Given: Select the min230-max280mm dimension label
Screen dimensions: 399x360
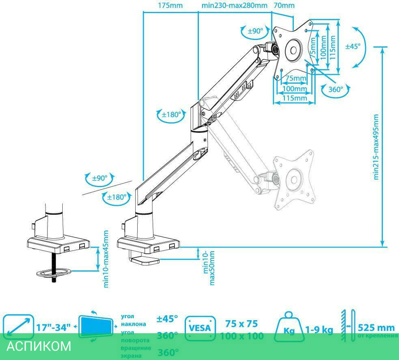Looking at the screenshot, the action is click(x=234, y=6).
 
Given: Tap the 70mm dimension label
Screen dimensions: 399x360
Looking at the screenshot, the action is click(x=284, y=6).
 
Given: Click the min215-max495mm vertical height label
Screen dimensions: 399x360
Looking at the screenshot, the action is click(x=376, y=147).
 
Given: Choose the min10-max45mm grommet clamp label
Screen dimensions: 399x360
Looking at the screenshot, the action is click(x=106, y=259).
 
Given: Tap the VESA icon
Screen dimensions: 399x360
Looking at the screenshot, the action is click(x=200, y=329).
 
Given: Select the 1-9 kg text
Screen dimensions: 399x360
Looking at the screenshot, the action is click(x=319, y=330).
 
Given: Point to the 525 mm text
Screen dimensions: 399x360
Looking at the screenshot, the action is click(x=376, y=328).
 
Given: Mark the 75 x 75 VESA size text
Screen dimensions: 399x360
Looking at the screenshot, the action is click(x=241, y=323).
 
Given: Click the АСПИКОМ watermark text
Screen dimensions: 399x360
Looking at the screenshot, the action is click(x=39, y=346).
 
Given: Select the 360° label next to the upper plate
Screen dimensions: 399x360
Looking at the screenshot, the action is click(x=336, y=89).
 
